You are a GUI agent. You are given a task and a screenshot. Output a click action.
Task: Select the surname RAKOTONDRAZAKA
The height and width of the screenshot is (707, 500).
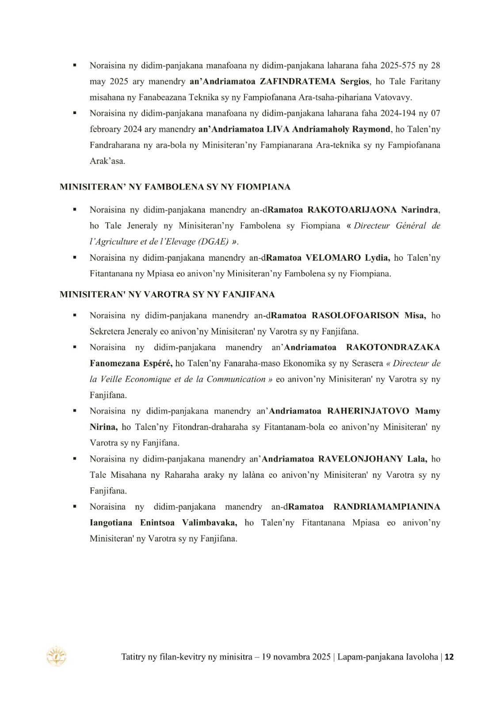[393, 348]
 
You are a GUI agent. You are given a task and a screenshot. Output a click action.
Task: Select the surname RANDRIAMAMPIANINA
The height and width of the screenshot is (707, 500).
[386, 507]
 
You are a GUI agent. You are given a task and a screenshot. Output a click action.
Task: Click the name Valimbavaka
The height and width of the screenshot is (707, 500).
[209, 523]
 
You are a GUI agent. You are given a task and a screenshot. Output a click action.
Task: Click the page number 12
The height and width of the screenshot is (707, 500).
[449, 657]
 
